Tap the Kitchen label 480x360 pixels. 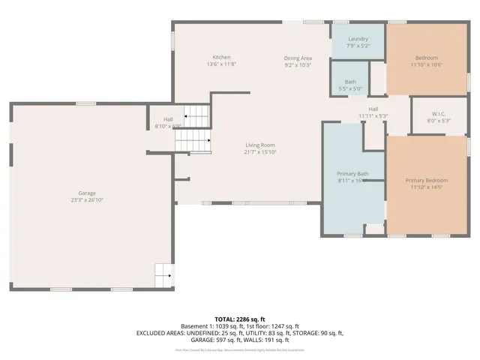(221, 58)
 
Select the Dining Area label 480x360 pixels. (297, 58)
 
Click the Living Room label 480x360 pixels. (260, 145)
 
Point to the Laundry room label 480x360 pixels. (358, 38)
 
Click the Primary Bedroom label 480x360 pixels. (426, 181)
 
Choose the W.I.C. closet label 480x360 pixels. (439, 113)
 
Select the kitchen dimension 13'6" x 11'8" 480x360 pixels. (221, 64)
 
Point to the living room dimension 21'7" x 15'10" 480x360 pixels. (260, 152)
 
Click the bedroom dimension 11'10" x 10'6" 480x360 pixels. (426, 64)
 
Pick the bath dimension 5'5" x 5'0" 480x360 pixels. (350, 88)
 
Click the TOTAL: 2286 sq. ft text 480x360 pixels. (240, 319)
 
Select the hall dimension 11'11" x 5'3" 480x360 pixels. (373, 115)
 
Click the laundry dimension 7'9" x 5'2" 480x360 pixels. (358, 46)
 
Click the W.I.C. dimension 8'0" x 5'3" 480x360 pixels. (439, 121)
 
